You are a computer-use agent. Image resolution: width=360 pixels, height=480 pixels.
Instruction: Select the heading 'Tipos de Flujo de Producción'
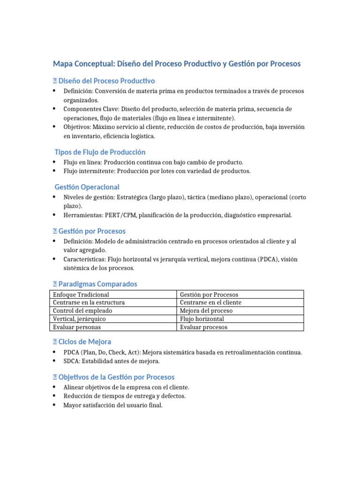click(100, 152)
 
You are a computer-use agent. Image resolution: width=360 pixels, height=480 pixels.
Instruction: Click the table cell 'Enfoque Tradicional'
click(81, 294)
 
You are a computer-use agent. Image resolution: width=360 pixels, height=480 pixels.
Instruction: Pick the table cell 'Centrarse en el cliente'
click(210, 302)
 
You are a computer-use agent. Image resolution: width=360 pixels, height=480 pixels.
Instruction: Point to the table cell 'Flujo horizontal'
click(202, 319)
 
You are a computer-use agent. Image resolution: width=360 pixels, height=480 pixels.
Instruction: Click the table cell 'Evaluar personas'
click(77, 327)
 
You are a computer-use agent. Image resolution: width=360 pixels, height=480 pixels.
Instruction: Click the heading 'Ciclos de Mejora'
click(85, 342)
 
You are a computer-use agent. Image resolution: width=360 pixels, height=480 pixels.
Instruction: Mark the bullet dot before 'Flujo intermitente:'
click(55, 171)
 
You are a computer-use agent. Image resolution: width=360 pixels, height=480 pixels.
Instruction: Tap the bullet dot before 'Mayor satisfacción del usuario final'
click(55, 405)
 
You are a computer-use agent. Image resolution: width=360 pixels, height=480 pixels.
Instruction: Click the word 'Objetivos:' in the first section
click(77, 127)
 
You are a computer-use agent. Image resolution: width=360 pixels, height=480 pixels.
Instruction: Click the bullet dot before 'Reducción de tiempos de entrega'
click(55, 396)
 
